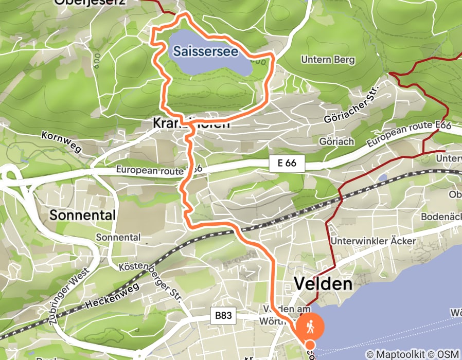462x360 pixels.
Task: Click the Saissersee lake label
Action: tap(205, 51)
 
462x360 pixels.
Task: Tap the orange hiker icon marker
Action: tap(310, 326)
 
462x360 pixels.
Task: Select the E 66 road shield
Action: tap(287, 164)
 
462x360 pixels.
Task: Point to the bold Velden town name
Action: tap(323, 284)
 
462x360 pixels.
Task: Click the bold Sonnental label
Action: tap(82, 215)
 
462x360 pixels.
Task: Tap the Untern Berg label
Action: tap(328, 60)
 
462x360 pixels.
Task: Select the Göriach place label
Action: tap(336, 141)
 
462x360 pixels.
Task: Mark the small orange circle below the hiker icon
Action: tap(310, 345)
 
